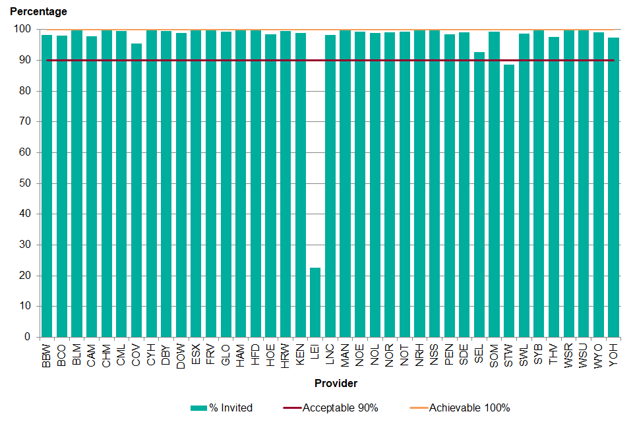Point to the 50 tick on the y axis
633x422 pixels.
(26, 183)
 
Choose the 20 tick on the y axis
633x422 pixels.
(26, 276)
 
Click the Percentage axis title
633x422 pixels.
(38, 12)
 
